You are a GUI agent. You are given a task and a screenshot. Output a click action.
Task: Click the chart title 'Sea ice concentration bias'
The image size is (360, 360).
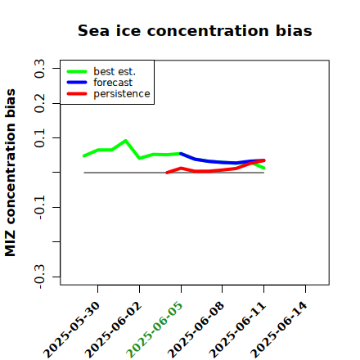click(195, 30)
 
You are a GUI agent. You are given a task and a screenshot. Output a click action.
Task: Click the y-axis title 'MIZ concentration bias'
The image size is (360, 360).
click(10, 173)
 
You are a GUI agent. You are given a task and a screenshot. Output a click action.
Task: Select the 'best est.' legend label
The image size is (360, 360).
click(115, 71)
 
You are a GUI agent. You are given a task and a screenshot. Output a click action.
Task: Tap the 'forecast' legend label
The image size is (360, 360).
click(113, 83)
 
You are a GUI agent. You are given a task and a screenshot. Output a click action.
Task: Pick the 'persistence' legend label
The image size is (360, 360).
click(122, 94)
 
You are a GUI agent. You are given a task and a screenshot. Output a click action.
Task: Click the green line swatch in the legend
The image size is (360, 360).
click(77, 71)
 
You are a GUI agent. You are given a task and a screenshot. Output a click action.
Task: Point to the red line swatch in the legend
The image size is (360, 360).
click(77, 94)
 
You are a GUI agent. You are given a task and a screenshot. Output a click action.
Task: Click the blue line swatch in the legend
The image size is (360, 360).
click(77, 82)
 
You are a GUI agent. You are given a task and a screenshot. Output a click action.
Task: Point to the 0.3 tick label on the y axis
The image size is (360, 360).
click(39, 69)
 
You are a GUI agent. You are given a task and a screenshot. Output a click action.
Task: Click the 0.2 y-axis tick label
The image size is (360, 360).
click(39, 103)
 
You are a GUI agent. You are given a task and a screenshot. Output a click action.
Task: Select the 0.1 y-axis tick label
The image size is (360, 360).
click(39, 138)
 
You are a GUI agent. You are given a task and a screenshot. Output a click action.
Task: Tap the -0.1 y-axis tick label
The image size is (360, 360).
click(39, 207)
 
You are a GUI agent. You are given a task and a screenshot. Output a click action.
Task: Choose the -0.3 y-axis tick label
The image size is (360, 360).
click(39, 277)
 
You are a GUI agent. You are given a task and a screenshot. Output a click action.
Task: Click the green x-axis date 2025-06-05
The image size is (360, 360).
click(154, 330)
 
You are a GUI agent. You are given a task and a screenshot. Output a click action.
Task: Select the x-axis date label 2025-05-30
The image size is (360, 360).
click(71, 330)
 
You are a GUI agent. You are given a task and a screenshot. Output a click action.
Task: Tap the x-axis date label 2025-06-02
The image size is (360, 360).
click(113, 330)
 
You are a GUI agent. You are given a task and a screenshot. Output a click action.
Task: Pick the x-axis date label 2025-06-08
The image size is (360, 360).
click(196, 330)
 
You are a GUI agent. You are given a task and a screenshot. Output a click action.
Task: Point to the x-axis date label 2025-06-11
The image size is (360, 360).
click(237, 330)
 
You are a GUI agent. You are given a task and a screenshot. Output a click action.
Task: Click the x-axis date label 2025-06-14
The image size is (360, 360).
click(279, 330)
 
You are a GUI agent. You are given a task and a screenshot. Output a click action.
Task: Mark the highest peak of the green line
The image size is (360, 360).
click(125, 141)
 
